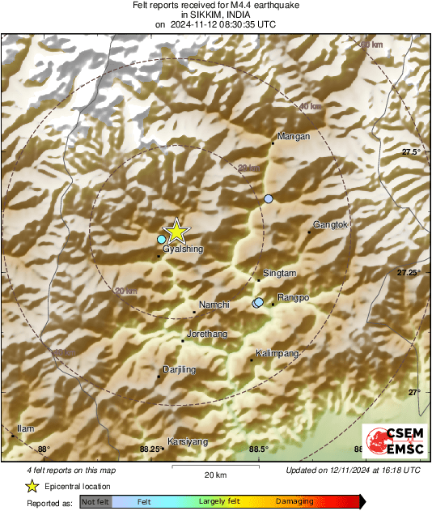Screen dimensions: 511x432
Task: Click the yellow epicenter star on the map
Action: pyautogui.click(x=176, y=232)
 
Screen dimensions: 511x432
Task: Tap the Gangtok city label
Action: pyautogui.click(x=329, y=224)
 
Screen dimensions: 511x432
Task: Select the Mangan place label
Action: pyautogui.click(x=294, y=137)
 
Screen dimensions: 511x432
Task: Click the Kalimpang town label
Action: pyautogui.click(x=277, y=354)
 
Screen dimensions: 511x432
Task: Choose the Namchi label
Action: pyautogui.click(x=214, y=304)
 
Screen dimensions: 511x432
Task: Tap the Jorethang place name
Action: pyautogui.click(x=207, y=334)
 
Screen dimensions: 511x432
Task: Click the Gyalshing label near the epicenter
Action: pyautogui.click(x=183, y=249)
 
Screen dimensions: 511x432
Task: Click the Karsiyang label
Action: pyautogui.click(x=188, y=441)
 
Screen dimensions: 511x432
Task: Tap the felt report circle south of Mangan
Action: pyautogui.click(x=269, y=198)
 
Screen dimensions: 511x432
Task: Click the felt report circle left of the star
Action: pyautogui.click(x=162, y=239)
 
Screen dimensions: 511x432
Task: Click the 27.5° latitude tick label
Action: pyautogui.click(x=412, y=152)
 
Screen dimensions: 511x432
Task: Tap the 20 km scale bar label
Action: pyautogui.click(x=215, y=474)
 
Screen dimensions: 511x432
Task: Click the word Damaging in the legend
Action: pyautogui.click(x=294, y=502)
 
